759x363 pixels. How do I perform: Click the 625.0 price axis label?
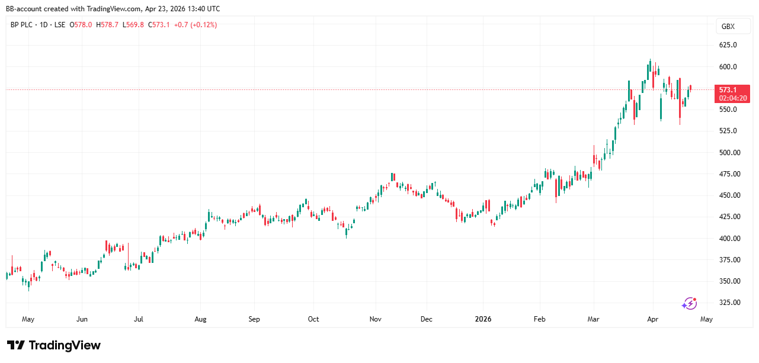[728, 45]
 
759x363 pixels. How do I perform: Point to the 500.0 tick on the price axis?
[728, 153]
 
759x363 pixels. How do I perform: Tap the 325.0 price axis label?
[728, 303]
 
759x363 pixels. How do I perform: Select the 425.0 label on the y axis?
[728, 217]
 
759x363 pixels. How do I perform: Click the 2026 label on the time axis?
[483, 319]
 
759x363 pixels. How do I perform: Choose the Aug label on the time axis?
[200, 319]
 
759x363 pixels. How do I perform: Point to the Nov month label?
[374, 319]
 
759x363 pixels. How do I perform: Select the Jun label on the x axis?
[82, 319]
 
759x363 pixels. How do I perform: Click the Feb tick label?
[540, 319]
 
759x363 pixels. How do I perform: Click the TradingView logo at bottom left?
[54, 345]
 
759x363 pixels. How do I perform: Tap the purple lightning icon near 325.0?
[689, 303]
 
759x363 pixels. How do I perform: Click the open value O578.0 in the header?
[81, 25]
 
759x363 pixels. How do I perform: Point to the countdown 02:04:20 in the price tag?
[732, 98]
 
